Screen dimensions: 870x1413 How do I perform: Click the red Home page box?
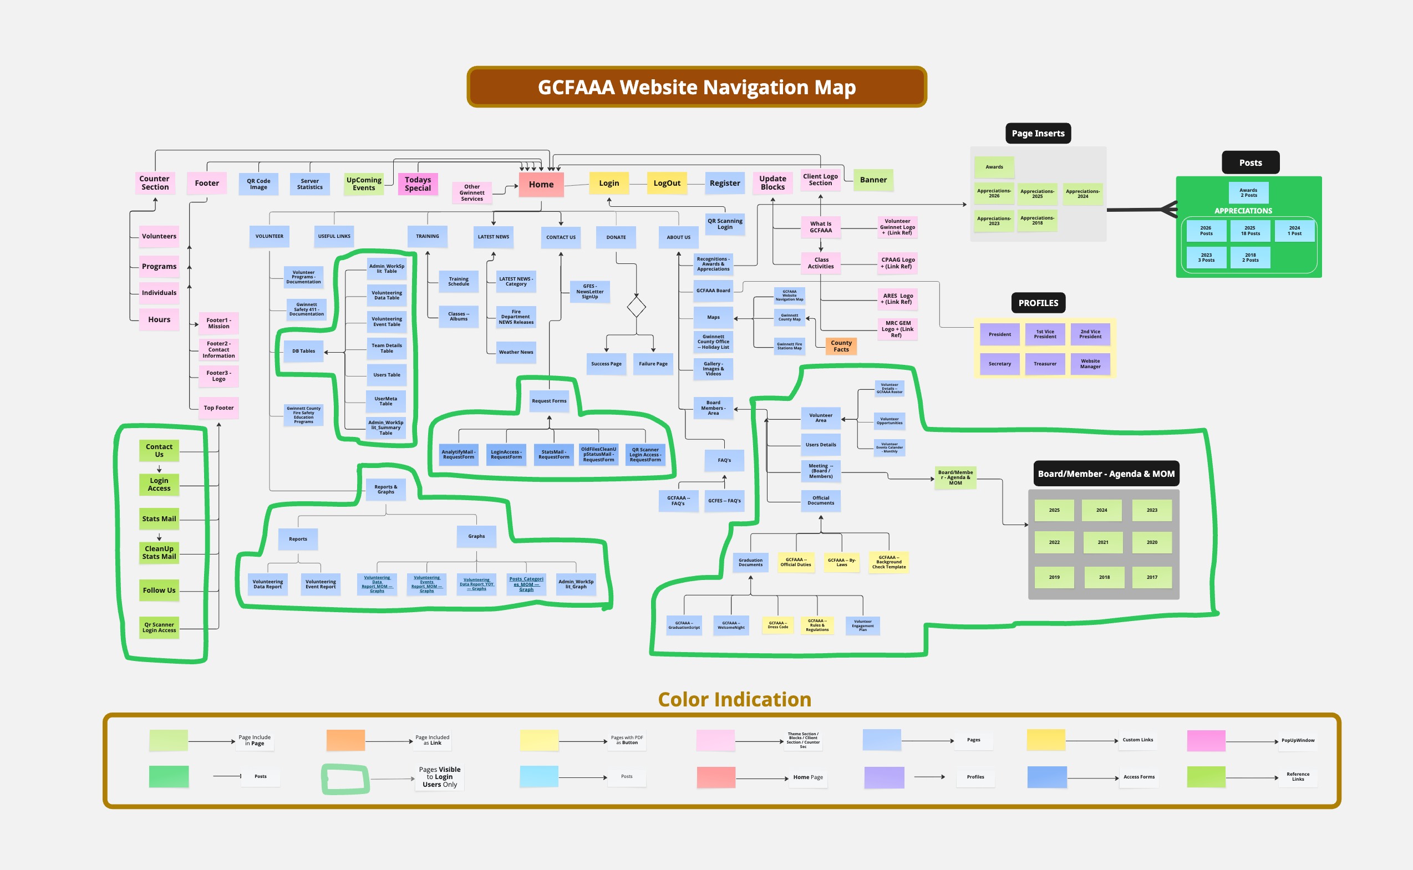pos(541,185)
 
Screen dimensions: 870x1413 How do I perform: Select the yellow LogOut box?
pos(667,184)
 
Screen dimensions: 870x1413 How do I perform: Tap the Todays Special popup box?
pos(418,184)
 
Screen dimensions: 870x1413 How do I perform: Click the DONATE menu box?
pos(616,237)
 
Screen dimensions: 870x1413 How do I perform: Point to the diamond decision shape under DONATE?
pos(636,307)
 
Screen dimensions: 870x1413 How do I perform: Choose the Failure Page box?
pos(653,364)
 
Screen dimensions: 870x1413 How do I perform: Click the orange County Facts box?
pos(841,347)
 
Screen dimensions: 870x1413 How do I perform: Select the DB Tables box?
pos(304,351)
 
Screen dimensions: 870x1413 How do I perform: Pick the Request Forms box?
pos(549,401)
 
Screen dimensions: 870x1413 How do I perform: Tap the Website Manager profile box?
pos(1090,364)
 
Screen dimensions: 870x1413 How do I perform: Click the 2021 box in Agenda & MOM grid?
pos(1103,543)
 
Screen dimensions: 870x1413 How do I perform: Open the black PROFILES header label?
pos(1038,303)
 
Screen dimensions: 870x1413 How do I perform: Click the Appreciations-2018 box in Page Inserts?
pos(1037,220)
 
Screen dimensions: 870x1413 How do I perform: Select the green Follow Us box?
pos(159,591)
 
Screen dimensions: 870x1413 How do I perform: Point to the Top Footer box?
pos(218,408)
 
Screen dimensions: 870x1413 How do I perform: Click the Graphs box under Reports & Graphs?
pos(476,536)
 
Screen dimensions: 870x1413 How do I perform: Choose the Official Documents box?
pos(820,501)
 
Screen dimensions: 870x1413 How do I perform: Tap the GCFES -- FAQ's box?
pos(724,501)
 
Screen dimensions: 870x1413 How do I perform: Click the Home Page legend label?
pos(808,777)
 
